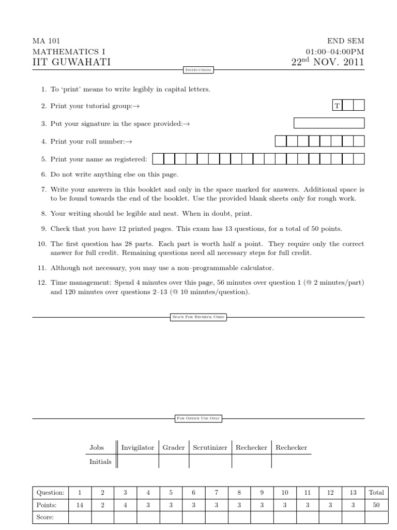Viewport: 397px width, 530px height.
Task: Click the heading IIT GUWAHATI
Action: pos(71,63)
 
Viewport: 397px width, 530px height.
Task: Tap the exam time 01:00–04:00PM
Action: pos(334,52)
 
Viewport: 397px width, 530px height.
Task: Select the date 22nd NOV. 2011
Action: pos(328,63)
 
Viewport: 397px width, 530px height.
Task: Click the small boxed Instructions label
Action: pos(198,69)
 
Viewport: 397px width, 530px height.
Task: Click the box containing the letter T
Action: pos(337,106)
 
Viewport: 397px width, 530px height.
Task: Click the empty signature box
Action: pos(329,123)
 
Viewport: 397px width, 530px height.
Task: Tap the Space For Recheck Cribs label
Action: pos(198,317)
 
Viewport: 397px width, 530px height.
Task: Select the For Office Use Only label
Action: pos(198,419)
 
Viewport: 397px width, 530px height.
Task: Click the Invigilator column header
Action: pos(138,448)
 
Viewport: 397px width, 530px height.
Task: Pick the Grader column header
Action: pos(174,448)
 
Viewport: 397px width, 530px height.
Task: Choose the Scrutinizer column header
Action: pos(210,448)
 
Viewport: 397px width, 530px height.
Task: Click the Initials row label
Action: pos(100,461)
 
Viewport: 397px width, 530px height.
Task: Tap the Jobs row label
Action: pos(97,448)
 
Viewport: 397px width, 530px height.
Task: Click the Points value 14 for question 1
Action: pos(80,505)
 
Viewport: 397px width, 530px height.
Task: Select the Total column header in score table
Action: pos(376,493)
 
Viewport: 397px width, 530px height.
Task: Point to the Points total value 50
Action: pos(376,505)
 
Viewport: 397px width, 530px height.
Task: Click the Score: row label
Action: pos(45,517)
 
